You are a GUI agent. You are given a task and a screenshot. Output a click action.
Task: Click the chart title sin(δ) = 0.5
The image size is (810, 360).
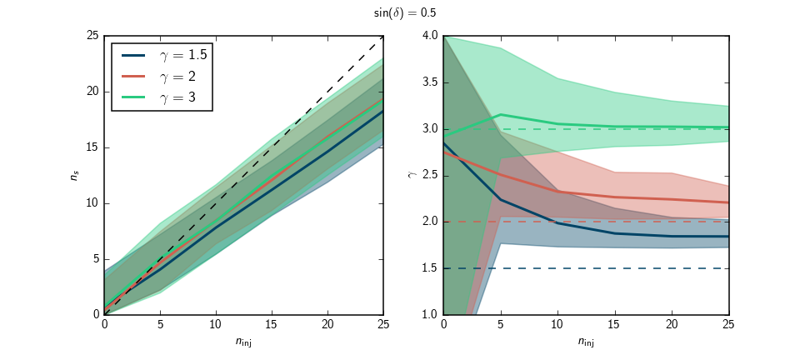(x=405, y=13)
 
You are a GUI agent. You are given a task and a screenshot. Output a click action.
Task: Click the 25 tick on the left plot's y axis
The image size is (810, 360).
(x=92, y=36)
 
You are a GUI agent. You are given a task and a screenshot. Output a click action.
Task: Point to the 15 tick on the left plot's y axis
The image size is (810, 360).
(x=92, y=147)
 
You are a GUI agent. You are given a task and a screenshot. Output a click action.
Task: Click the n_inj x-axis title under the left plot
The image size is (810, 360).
(x=242, y=342)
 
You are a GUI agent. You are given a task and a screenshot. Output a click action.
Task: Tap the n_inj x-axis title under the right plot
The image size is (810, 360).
(x=587, y=342)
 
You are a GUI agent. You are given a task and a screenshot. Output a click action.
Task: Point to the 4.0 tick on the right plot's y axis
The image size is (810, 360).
(x=431, y=36)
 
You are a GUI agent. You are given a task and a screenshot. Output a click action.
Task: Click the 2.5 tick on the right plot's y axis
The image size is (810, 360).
(x=431, y=176)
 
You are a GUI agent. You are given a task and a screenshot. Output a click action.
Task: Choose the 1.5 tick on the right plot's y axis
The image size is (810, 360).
(x=431, y=268)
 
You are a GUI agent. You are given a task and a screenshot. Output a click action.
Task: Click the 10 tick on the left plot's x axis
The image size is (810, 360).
(x=215, y=323)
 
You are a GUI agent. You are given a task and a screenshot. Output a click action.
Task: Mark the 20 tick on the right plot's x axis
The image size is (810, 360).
(x=672, y=323)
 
